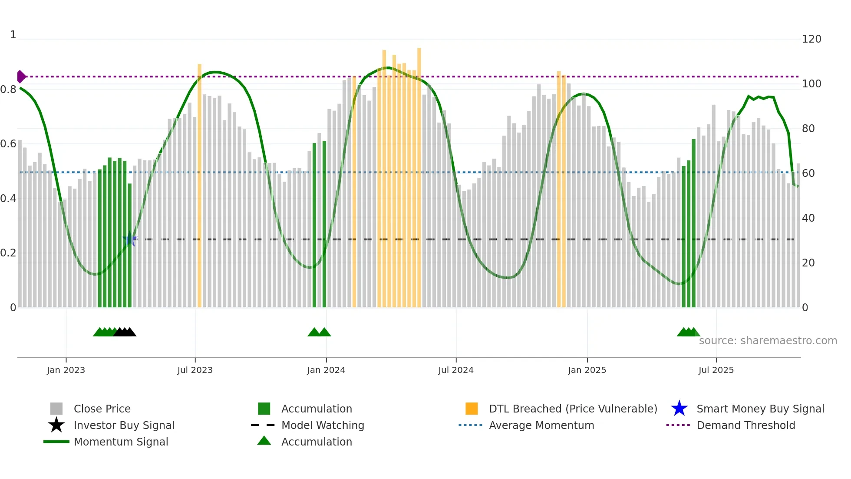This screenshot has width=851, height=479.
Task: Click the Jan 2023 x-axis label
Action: [66, 370]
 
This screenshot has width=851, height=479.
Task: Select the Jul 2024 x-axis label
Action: [456, 370]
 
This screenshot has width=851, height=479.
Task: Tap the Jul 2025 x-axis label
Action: [716, 370]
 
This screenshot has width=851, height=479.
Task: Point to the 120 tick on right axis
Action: [811, 39]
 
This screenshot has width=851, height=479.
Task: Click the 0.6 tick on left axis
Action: [9, 144]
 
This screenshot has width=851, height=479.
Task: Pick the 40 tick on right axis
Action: [808, 218]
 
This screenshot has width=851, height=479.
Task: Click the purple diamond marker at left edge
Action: [21, 77]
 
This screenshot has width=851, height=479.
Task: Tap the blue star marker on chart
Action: [130, 239]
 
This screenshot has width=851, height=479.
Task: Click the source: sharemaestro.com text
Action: [768, 341]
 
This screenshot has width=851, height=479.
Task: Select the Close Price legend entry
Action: [102, 409]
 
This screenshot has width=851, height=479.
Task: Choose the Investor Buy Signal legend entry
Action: [124, 425]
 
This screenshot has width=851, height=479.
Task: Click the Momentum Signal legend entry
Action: [121, 442]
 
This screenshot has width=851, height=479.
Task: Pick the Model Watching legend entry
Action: [323, 425]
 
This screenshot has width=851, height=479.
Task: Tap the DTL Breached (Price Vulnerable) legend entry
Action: [573, 409]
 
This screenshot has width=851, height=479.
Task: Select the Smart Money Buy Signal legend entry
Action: [760, 409]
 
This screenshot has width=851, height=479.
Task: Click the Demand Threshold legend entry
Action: [745, 425]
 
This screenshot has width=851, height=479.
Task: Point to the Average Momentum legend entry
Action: [541, 425]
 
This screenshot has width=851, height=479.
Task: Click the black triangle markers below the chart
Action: [125, 332]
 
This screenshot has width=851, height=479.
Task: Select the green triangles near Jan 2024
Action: [319, 332]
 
